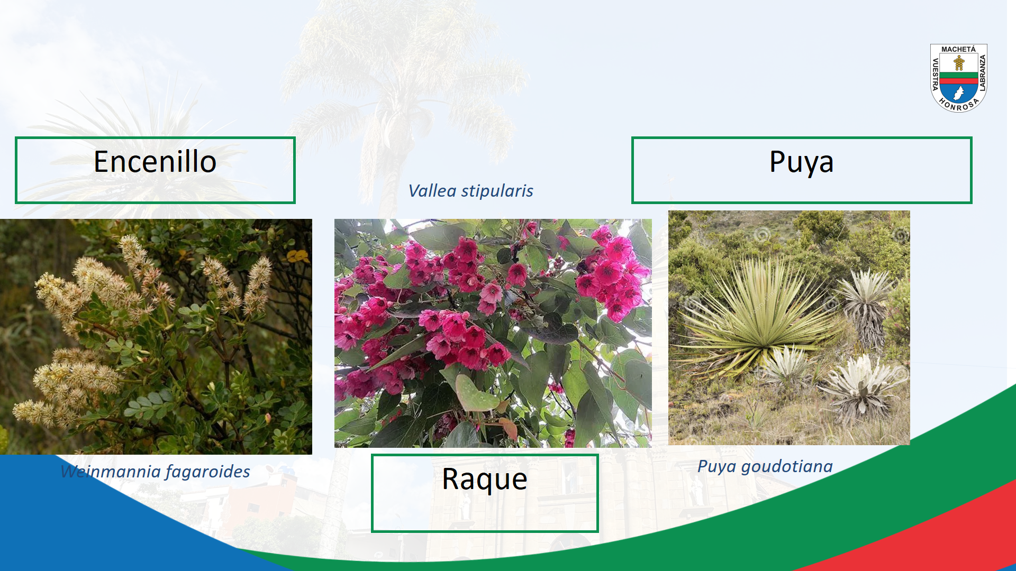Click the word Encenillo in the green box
[155, 162]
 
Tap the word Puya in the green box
[801, 163]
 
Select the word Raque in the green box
[485, 480]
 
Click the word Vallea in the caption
[432, 191]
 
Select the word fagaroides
[208, 472]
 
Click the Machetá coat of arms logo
[959, 78]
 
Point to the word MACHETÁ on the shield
[958, 49]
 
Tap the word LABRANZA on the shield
[983, 73]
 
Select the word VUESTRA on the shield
[935, 73]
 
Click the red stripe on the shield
[959, 81]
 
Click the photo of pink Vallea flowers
[493, 333]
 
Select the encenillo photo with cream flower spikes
[156, 337]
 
